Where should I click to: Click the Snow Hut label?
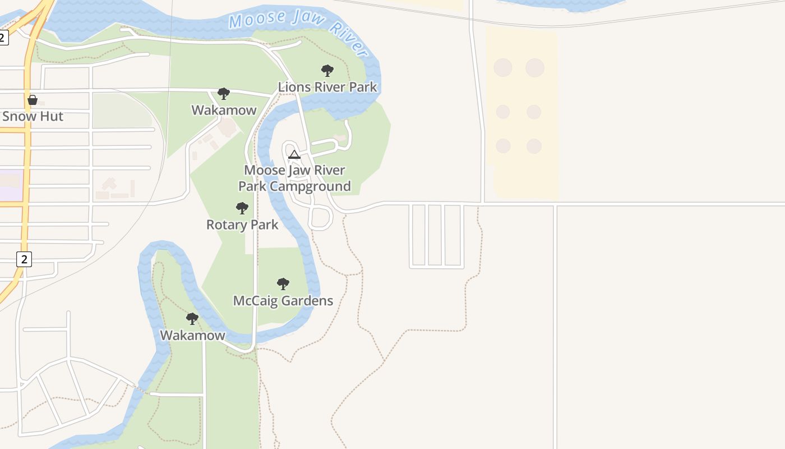point(33,117)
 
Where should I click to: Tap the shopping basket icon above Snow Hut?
point(33,100)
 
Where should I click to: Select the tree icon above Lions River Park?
point(327,71)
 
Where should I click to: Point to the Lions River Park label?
point(327,88)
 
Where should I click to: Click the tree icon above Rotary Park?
point(242,208)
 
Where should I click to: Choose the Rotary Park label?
point(242,225)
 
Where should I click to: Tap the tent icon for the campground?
point(294,154)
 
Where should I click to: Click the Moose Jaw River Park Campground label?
point(295,178)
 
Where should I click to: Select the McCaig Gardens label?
point(283,301)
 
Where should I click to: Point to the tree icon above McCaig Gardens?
point(283,284)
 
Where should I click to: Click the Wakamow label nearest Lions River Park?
point(224,111)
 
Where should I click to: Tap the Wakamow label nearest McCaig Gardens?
point(192,336)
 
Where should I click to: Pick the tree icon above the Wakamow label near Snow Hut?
point(224,94)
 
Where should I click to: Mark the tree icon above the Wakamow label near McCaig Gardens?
point(192,319)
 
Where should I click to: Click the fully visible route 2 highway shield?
point(24,259)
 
